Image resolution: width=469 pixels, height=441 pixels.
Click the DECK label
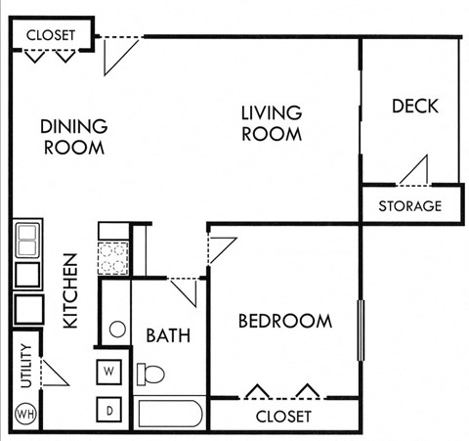tap(415, 106)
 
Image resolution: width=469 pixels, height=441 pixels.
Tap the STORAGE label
tap(410, 206)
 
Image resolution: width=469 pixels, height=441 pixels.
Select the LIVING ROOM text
tap(272, 124)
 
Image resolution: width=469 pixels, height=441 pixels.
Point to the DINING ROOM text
tap(73, 137)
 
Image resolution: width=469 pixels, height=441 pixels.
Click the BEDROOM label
tap(285, 321)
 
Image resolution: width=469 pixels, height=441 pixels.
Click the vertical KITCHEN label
tap(70, 290)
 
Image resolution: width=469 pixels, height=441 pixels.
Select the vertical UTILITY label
tap(25, 367)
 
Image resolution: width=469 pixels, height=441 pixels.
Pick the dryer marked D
tap(109, 409)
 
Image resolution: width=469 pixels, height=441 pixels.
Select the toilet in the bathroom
tap(150, 374)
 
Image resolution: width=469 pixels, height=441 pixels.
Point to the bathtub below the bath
tap(170, 413)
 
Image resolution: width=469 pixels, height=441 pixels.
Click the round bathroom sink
tap(117, 329)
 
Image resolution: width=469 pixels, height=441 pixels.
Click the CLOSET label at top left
tap(50, 35)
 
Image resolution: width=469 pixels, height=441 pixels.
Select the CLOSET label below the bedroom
tap(283, 417)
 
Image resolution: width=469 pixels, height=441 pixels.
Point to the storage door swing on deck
tap(415, 170)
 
